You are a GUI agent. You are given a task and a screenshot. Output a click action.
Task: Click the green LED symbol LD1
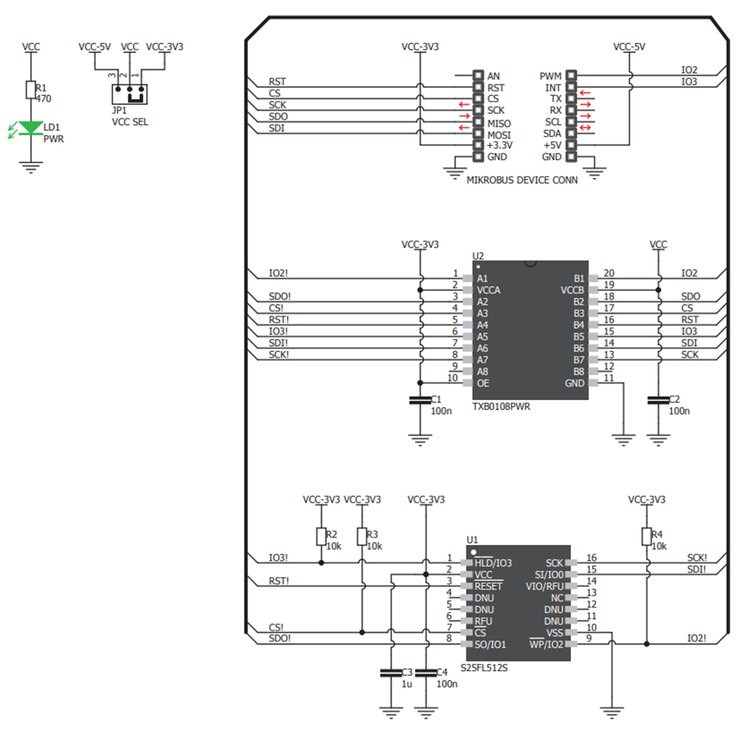click(x=31, y=128)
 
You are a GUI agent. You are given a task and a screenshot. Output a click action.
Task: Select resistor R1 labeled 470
click(x=31, y=90)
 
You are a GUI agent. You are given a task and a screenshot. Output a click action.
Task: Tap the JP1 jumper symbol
click(x=129, y=94)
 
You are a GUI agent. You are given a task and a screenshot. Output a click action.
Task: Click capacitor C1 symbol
click(x=420, y=400)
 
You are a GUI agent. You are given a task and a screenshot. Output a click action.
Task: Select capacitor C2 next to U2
click(x=658, y=400)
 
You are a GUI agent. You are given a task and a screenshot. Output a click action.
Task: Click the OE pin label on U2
click(x=483, y=383)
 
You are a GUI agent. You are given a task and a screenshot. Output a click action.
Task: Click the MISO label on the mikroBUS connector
click(x=499, y=123)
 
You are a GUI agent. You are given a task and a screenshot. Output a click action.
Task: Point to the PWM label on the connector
click(x=551, y=76)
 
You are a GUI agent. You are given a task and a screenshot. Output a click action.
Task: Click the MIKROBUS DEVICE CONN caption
click(x=523, y=179)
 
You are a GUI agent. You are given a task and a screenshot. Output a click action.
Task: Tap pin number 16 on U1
click(x=591, y=558)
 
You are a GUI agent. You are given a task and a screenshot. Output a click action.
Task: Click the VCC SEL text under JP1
click(x=129, y=122)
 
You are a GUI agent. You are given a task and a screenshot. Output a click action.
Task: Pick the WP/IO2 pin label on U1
click(x=547, y=645)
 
